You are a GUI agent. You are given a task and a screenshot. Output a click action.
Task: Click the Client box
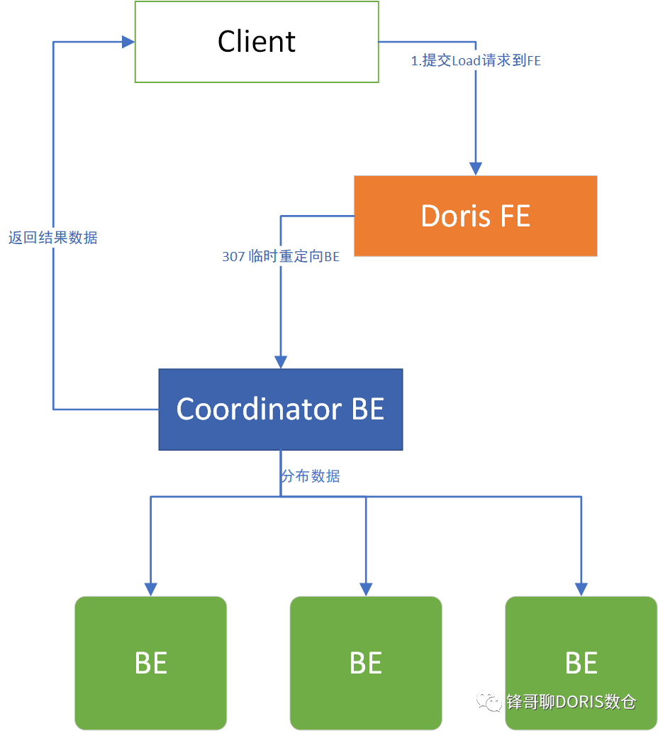coord(257,41)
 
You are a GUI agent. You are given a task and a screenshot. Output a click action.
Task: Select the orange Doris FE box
coord(475,216)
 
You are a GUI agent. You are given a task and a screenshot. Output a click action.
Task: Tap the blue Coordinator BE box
coord(280,410)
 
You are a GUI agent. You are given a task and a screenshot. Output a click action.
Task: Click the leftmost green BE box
coord(150,663)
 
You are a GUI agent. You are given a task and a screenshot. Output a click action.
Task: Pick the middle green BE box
coord(366,663)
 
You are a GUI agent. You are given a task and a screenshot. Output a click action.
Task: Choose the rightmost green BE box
coord(581,663)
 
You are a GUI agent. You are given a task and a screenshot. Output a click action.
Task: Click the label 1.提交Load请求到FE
coord(476,61)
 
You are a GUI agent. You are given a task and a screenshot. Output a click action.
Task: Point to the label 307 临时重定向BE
coord(281,257)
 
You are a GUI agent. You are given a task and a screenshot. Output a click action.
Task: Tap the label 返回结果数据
coord(53,238)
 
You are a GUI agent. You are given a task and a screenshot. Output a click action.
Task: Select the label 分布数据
coord(311,476)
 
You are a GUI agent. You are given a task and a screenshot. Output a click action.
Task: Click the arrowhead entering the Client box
coord(128,42)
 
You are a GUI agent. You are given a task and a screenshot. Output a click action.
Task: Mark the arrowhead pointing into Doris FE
coord(476,168)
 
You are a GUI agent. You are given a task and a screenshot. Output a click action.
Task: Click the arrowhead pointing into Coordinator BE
coord(281,361)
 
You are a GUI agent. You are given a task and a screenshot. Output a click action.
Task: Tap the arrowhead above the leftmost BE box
coord(150,588)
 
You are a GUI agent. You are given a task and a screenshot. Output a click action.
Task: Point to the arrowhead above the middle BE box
coord(366,588)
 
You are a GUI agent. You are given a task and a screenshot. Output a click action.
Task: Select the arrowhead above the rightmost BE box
coord(581,588)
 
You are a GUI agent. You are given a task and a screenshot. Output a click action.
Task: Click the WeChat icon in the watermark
coord(489,701)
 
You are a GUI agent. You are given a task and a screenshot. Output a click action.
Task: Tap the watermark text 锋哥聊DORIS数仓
coord(571,702)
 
